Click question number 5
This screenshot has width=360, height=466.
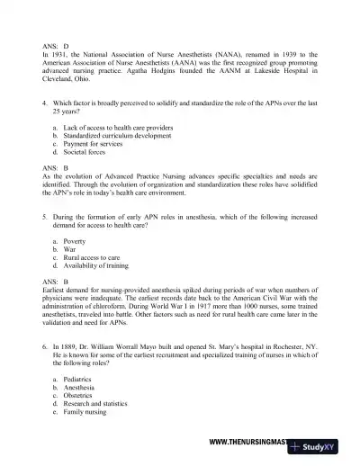45,218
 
